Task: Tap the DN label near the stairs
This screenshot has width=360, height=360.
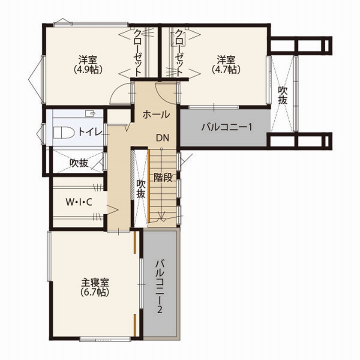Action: point(162,138)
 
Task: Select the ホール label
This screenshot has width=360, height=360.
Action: point(155,115)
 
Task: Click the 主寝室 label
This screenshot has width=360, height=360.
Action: point(95,283)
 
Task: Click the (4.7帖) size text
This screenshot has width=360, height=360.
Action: point(226,69)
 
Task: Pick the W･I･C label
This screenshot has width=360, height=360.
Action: point(79,202)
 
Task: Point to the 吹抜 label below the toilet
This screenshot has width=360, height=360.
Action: point(79,163)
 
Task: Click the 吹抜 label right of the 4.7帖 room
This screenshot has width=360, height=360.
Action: point(282,95)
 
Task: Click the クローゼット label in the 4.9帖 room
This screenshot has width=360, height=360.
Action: point(138,52)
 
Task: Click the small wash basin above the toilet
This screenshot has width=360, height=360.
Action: point(90,113)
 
